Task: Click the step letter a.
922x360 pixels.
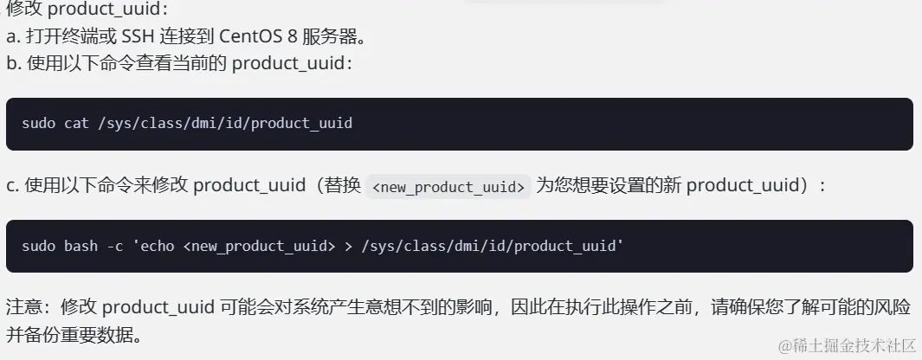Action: tap(11, 38)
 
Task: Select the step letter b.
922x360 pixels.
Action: tap(11, 64)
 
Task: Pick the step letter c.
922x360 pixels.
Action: tap(10, 185)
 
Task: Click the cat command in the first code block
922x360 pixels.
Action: tap(75, 124)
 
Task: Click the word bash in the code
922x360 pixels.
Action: tap(81, 246)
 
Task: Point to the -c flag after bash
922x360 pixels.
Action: tap(113, 246)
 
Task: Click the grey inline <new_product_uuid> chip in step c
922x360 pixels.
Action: tap(448, 186)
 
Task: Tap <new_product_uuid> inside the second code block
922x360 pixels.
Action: tap(259, 246)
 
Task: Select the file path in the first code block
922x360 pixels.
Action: tap(226, 124)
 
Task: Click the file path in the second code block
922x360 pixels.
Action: tap(489, 246)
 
